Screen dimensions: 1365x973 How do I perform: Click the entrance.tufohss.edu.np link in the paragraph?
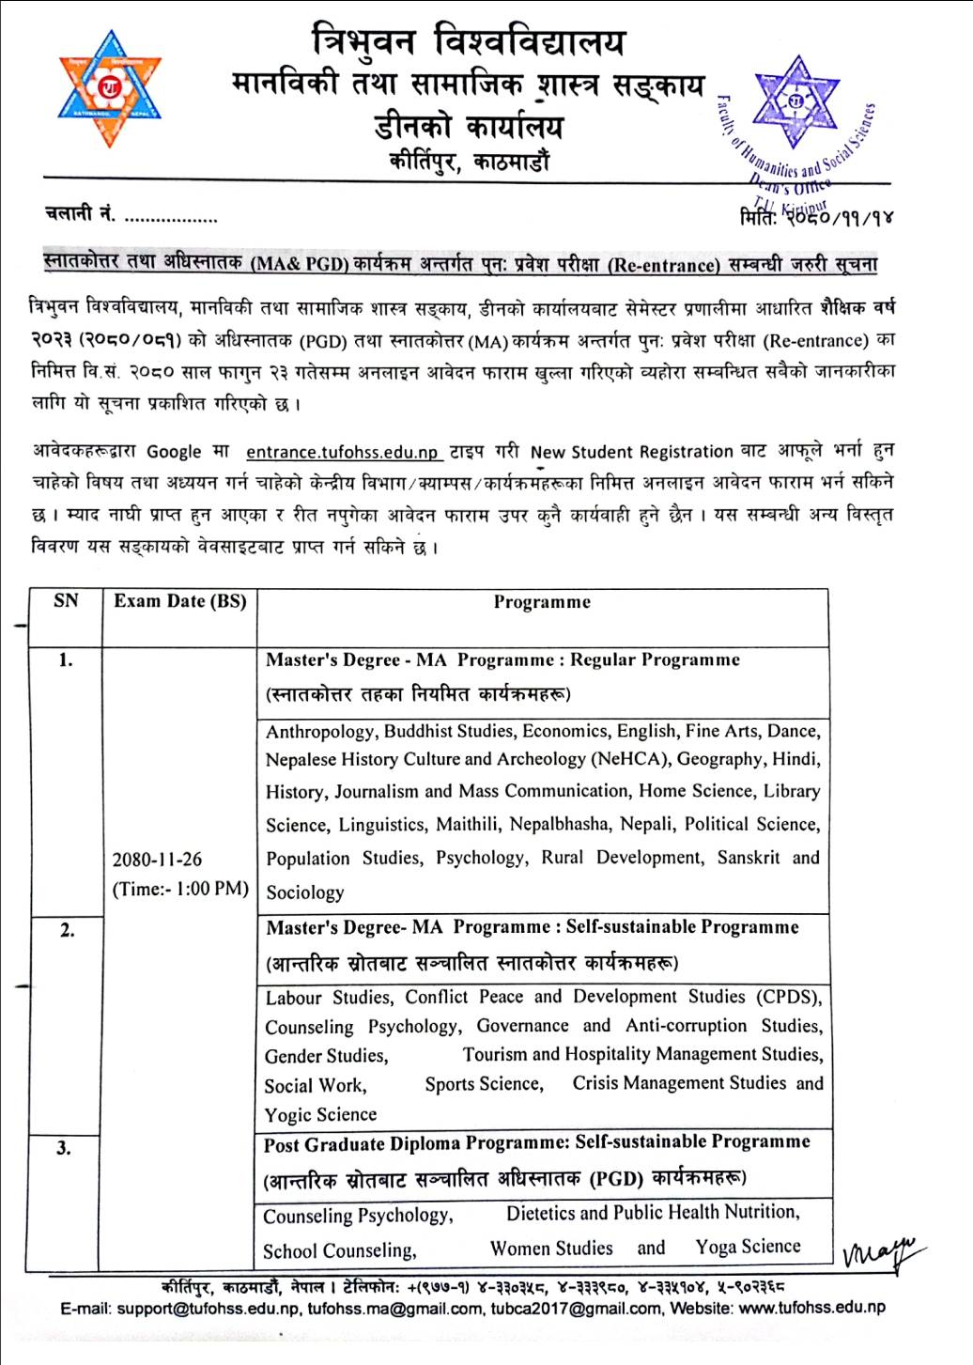pyautogui.click(x=343, y=452)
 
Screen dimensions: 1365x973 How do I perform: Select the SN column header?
pyautogui.click(x=66, y=601)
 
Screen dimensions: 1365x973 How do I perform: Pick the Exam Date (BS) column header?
pyautogui.click(x=179, y=601)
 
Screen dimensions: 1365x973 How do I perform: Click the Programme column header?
pyautogui.click(x=542, y=602)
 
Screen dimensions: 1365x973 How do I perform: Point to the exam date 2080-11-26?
pyautogui.click(x=157, y=860)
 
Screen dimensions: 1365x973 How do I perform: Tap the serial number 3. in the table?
pyautogui.click(x=64, y=1148)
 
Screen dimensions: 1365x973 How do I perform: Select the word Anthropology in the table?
pyautogui.click(x=319, y=732)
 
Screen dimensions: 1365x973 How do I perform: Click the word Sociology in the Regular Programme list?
pyautogui.click(x=304, y=892)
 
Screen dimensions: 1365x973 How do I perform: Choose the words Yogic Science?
pyautogui.click(x=320, y=1115)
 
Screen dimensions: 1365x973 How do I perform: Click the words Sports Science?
pyautogui.click(x=484, y=1084)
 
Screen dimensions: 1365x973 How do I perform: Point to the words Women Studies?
pyautogui.click(x=551, y=1249)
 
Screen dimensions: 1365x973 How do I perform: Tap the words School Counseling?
pyautogui.click(x=339, y=1251)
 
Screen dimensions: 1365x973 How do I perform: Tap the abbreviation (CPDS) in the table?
pyautogui.click(x=788, y=997)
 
